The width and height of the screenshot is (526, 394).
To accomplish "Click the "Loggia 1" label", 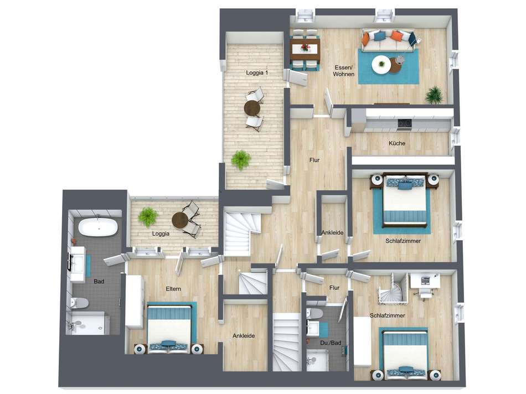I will pyautogui.click(x=257, y=73).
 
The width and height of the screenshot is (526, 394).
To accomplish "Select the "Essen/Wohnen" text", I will pyautogui.click(x=343, y=71).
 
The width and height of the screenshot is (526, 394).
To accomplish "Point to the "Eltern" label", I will pyautogui.click(x=173, y=289).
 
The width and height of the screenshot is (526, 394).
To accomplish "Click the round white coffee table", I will pyautogui.click(x=381, y=65).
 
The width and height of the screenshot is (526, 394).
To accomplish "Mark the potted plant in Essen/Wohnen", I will pyautogui.click(x=434, y=95).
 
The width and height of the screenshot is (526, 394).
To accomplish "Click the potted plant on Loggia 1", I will pyautogui.click(x=241, y=160).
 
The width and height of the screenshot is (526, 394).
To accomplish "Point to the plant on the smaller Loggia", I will pyautogui.click(x=148, y=216).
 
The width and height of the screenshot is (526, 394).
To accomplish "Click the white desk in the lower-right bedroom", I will pyautogui.click(x=425, y=281).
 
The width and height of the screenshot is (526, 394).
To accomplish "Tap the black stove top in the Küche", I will pyautogui.click(x=405, y=123).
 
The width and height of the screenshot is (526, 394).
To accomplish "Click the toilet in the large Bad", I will pyautogui.click(x=80, y=303).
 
